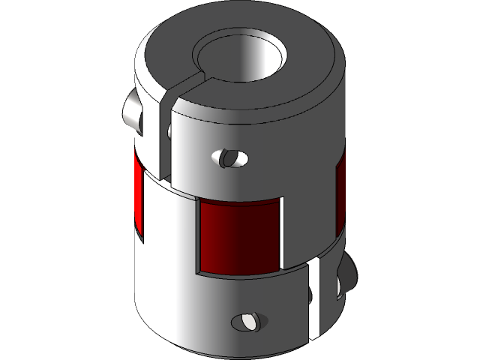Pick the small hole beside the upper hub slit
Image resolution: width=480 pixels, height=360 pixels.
point(171,131)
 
